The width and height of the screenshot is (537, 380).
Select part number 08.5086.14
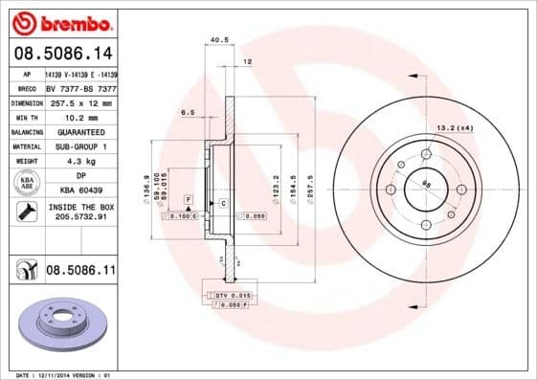point(62,54)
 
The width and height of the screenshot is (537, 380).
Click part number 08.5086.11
point(80,272)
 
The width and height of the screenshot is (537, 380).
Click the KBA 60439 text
point(80,191)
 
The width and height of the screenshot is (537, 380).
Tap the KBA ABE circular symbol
point(27,184)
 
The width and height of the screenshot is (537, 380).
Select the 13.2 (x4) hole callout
point(454,127)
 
